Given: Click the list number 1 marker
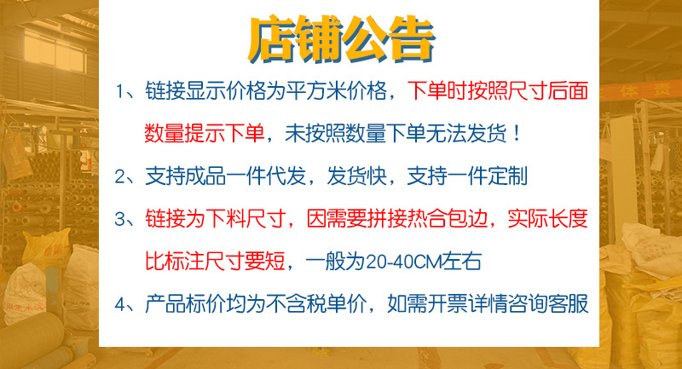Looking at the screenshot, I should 121,91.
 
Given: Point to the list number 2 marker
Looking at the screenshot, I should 121,177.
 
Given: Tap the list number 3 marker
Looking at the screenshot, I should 121,220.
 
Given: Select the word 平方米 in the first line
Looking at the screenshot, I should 310,91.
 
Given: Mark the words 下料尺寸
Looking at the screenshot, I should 254,220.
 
